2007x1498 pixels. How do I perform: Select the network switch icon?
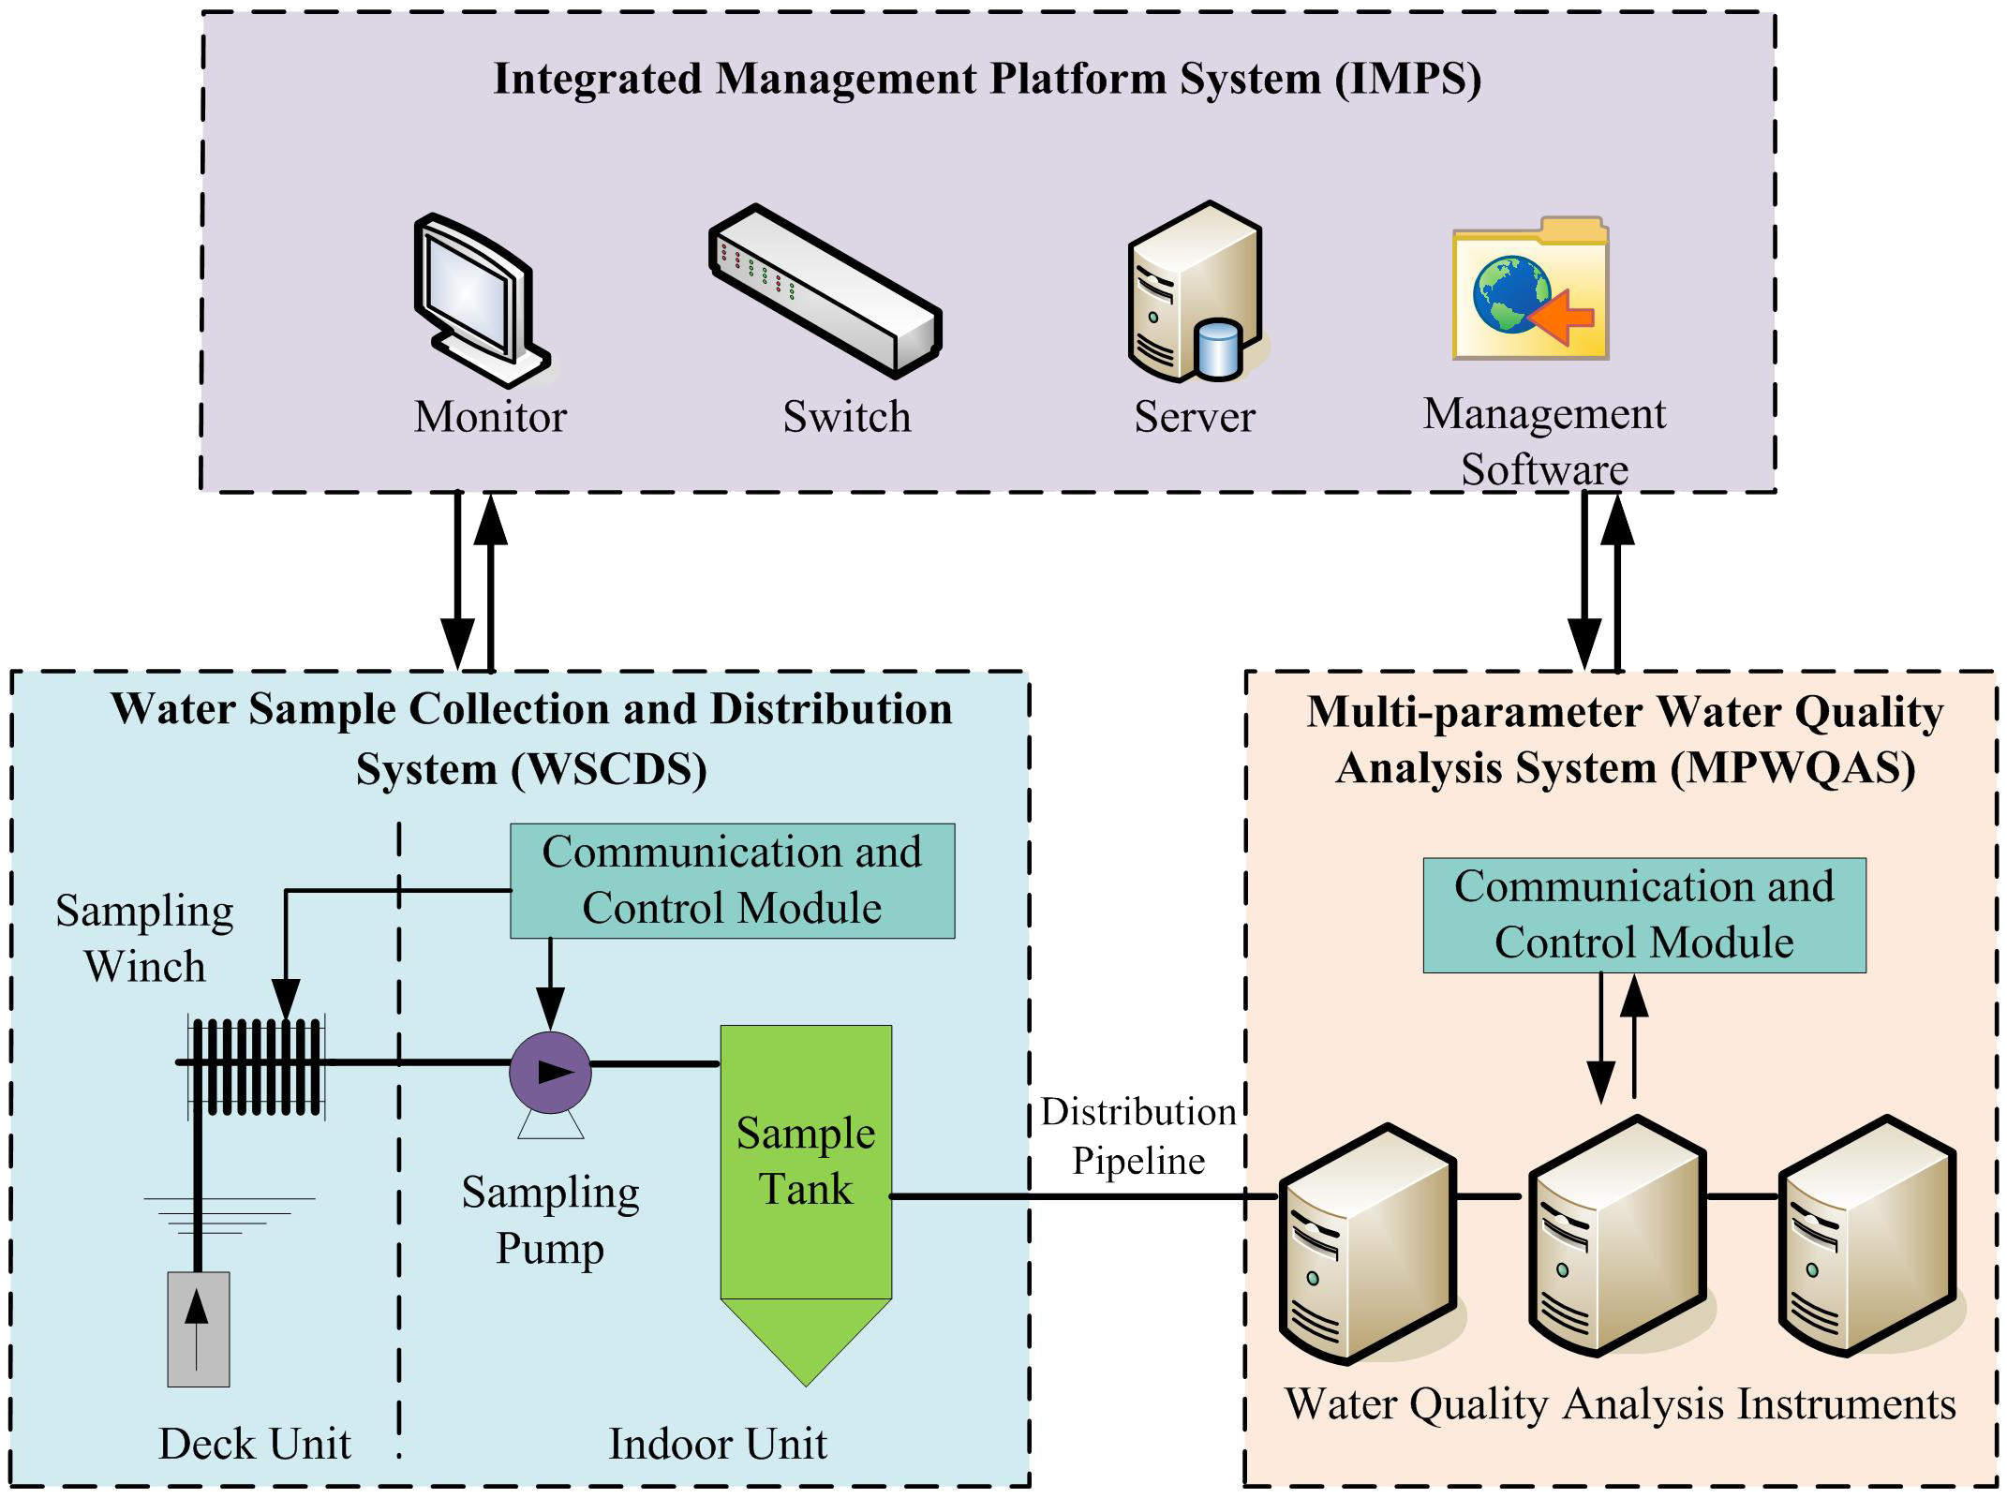[x=825, y=291]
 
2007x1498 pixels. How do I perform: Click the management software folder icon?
[x=1530, y=290]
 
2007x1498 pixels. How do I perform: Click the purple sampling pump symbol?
[x=550, y=1073]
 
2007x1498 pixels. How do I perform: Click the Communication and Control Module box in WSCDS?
[x=732, y=881]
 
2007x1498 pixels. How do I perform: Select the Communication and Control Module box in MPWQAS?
[x=1643, y=915]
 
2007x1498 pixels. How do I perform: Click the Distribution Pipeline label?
[x=1137, y=1136]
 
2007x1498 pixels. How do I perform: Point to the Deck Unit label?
[x=254, y=1444]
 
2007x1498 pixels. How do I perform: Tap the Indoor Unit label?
[x=718, y=1444]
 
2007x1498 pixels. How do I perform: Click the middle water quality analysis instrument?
[x=1616, y=1237]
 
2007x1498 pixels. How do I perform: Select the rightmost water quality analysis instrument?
[x=1866, y=1237]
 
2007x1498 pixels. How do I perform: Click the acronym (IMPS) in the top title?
[x=1408, y=79]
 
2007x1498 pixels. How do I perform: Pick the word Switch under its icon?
[x=846, y=417]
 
